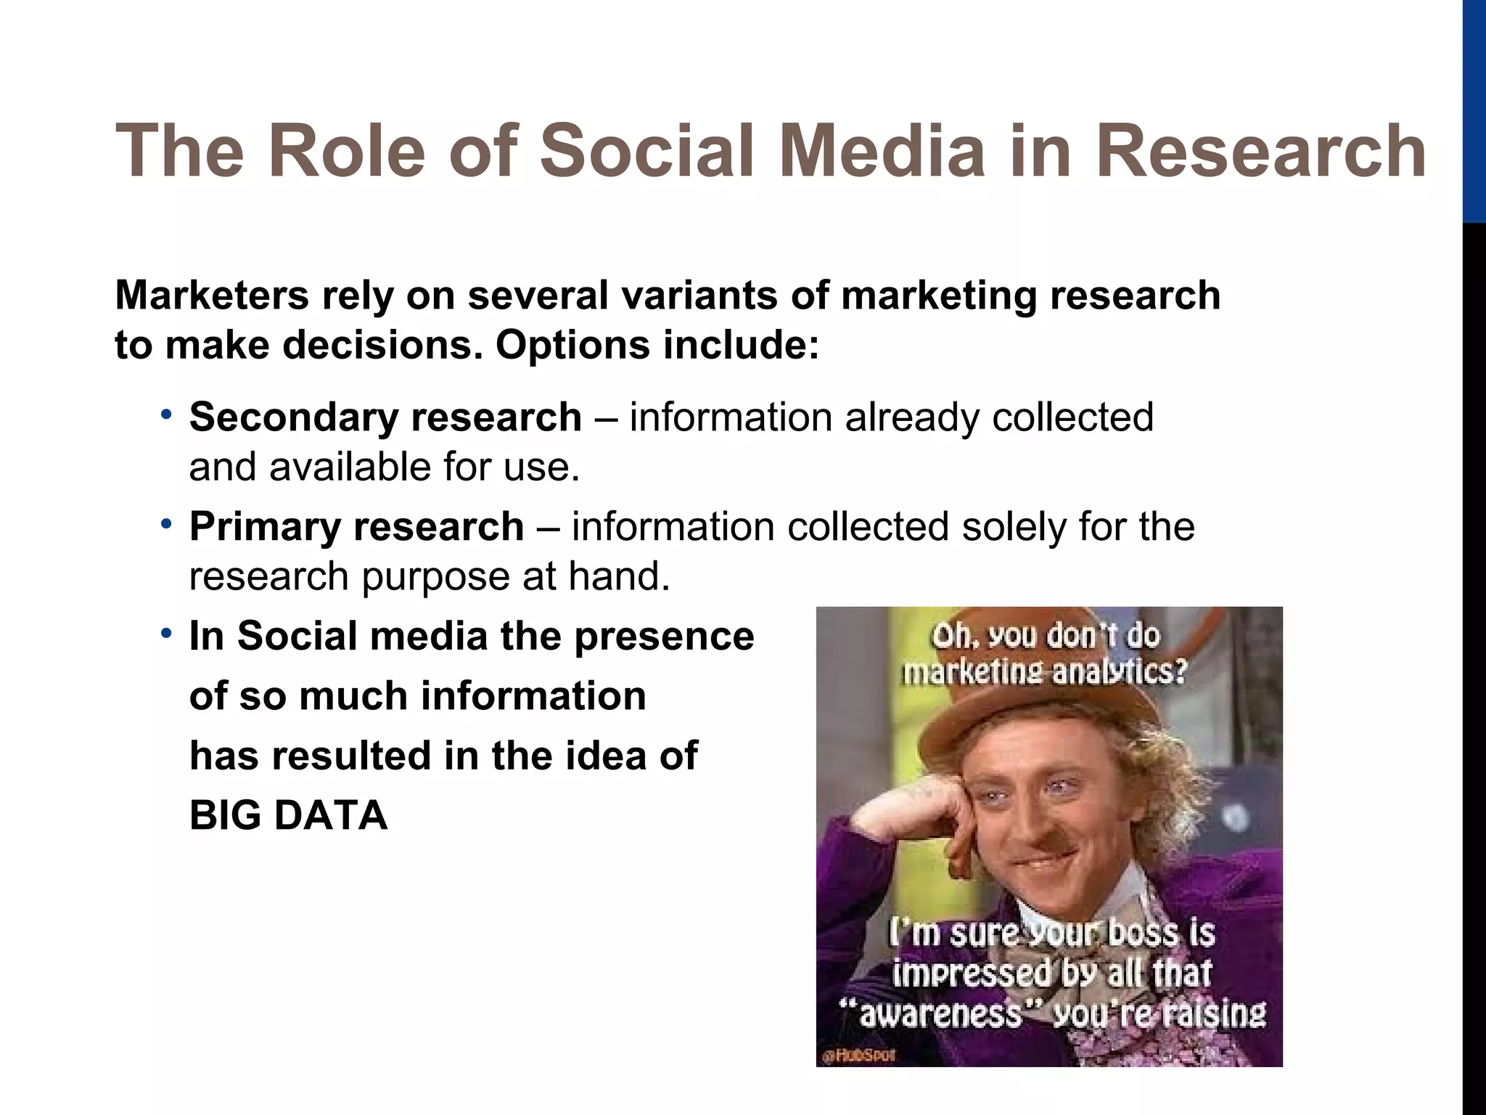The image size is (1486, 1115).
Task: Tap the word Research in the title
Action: coord(1261,152)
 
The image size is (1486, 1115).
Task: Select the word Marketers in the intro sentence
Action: coord(211,295)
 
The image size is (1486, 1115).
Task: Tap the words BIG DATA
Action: coord(288,815)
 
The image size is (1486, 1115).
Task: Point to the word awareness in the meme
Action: coord(939,1013)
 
